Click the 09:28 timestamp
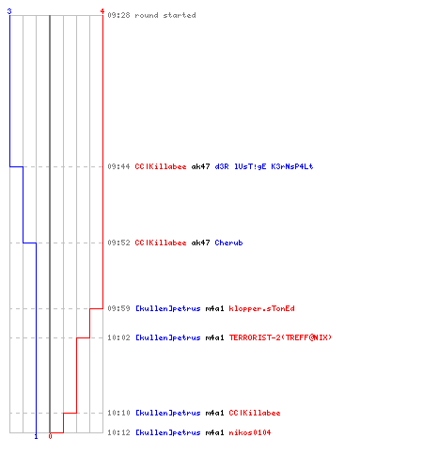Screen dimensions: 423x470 point(118,15)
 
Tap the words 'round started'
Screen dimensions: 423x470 point(165,15)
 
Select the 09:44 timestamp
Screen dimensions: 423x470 point(118,166)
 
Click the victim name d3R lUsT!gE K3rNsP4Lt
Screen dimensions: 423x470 point(264,166)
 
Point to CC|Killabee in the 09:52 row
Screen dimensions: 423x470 point(161,243)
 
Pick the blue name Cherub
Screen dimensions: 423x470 point(228,243)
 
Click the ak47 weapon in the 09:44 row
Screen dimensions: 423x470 point(200,166)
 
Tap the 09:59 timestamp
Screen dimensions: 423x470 point(118,308)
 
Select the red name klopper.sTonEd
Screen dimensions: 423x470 point(261,308)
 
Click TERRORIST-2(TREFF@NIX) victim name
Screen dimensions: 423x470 point(280,337)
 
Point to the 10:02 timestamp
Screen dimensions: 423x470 point(118,337)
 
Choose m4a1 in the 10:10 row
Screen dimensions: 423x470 point(214,413)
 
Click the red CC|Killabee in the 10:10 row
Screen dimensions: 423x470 point(255,413)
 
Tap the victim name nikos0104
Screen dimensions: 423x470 point(250,432)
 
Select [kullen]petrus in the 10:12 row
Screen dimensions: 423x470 point(167,432)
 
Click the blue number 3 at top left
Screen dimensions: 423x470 point(9,11)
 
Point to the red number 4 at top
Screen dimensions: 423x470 point(102,11)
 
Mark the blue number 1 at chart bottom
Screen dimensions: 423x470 point(36,436)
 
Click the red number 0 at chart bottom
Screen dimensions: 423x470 point(50,436)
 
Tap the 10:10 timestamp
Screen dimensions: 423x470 point(118,413)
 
